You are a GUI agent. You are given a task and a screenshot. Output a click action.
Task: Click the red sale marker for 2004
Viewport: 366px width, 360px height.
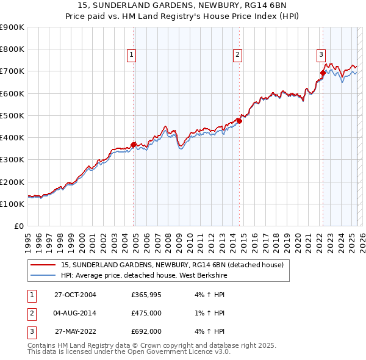point(134,145)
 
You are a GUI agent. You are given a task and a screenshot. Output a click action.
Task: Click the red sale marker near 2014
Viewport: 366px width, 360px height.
point(239,121)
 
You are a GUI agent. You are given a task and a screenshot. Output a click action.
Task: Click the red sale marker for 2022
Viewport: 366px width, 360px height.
point(323,73)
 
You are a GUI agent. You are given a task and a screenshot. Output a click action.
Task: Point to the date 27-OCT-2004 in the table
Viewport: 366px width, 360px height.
point(76,295)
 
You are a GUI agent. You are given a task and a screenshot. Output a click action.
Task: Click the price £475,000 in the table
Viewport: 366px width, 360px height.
point(146,313)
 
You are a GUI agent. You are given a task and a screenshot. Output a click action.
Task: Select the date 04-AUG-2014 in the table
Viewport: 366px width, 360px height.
point(76,313)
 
